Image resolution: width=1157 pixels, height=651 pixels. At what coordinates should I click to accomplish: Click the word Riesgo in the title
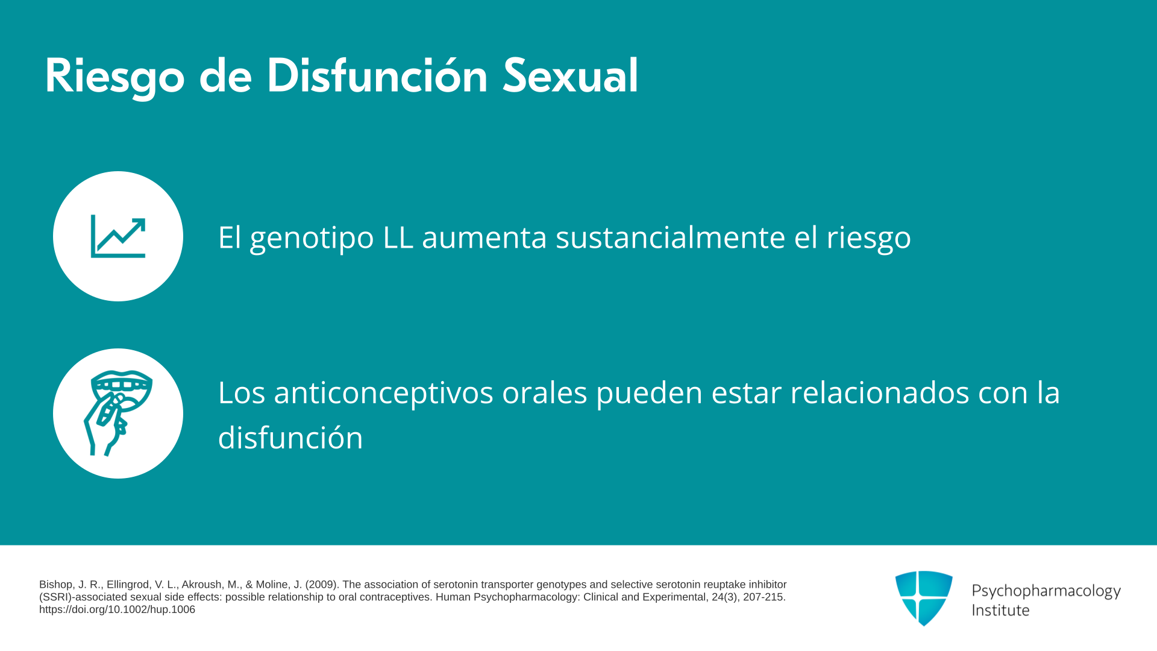click(x=114, y=77)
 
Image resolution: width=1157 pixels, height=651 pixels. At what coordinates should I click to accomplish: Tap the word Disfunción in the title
click(x=377, y=75)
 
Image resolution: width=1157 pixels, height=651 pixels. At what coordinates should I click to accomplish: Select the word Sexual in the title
click(x=570, y=75)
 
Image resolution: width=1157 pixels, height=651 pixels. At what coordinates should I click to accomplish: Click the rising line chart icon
click(x=118, y=236)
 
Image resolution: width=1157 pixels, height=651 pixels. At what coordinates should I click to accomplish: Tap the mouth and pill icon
click(x=118, y=414)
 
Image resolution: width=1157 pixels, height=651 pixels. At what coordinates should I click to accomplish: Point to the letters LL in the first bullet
click(x=398, y=237)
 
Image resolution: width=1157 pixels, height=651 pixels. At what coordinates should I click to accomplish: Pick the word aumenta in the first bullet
click(x=484, y=237)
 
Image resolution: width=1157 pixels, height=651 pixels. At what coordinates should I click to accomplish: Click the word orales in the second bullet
click(x=545, y=392)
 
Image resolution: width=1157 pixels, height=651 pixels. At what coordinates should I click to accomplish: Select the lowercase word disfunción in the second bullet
click(x=290, y=438)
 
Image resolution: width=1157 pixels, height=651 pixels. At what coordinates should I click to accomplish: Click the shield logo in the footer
click(x=924, y=598)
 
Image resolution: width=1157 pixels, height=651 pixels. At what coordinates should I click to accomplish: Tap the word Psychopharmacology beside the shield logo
click(x=1046, y=591)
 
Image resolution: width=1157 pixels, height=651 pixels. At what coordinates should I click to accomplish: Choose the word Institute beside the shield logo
click(x=1001, y=610)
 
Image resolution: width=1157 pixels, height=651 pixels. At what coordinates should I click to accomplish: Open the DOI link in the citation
click(x=117, y=609)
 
